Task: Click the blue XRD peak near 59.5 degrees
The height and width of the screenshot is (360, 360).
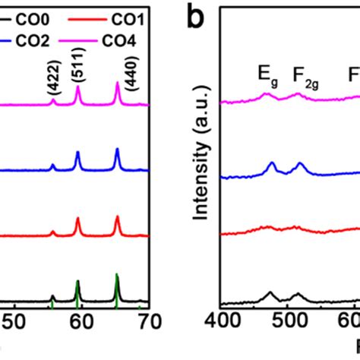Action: tap(77, 155)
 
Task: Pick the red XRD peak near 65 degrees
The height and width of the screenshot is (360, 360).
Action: tap(117, 219)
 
